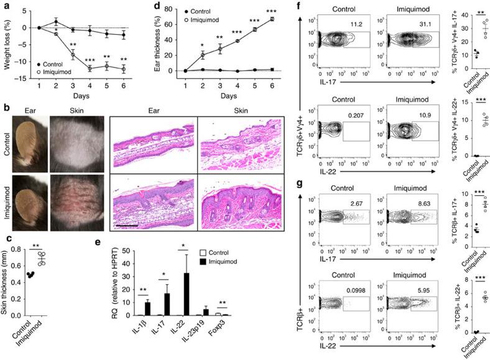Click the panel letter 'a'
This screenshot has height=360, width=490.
click(x=6, y=6)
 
